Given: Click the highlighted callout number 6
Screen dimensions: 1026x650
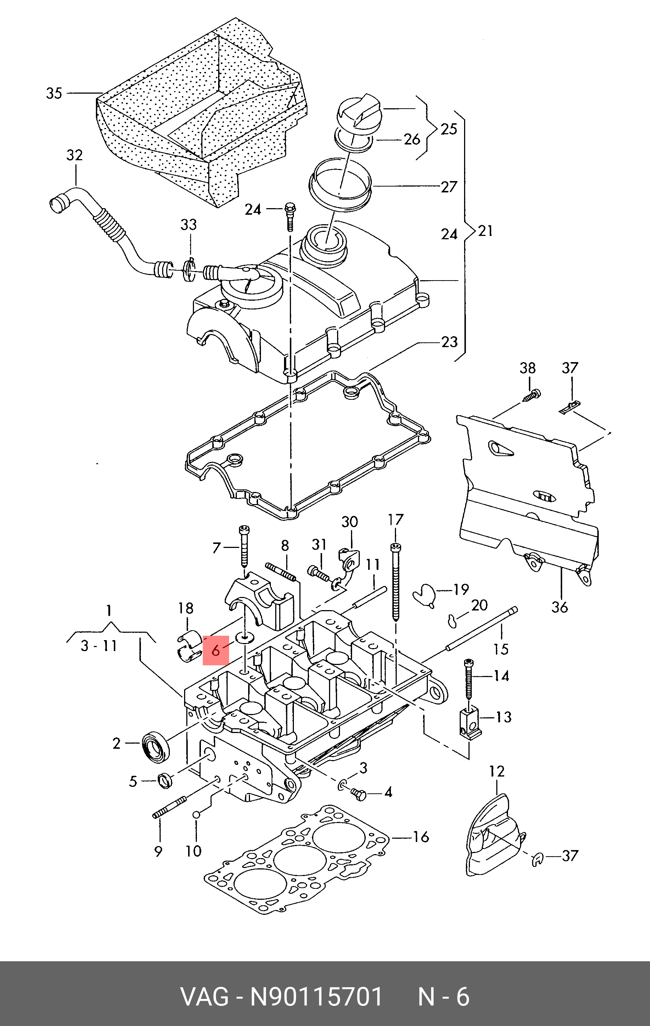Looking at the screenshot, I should tap(216, 650).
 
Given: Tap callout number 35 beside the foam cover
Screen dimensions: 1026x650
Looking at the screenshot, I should tap(54, 93).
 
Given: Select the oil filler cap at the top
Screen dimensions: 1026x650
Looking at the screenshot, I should tap(359, 112).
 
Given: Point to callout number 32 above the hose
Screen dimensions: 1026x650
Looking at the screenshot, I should tap(75, 155).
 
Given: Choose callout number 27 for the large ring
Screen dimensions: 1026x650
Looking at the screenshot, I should tap(449, 186).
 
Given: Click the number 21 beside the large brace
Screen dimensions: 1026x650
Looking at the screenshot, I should tap(485, 230).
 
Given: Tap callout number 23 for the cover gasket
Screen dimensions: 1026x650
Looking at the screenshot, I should tap(449, 342).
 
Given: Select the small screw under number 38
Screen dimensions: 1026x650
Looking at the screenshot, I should tap(531, 395).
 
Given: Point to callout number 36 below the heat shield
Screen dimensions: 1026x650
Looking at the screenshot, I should tap(560, 606).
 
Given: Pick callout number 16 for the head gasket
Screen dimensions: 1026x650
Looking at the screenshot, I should tap(421, 837).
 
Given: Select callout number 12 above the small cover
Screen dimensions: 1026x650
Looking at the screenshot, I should tap(497, 771).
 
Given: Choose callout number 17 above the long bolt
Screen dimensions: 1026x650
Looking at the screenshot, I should tap(396, 520).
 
